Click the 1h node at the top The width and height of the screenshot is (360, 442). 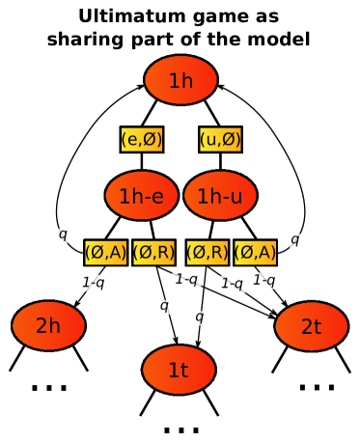click(180, 80)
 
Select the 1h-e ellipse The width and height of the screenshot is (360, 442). click(142, 196)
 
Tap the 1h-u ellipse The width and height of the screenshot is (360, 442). click(220, 196)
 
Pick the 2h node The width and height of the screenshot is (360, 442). click(48, 326)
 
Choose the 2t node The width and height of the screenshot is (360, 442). click(311, 326)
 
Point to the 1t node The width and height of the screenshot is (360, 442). click(179, 370)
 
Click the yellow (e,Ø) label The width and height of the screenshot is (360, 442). click(142, 140)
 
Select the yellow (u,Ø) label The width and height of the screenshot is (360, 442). click(220, 140)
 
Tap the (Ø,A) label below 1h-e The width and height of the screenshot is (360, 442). click(106, 253)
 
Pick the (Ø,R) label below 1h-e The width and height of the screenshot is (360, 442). click(153, 253)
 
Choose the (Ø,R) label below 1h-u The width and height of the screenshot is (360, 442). click(208, 253)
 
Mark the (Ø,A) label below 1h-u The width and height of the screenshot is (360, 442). click(256, 253)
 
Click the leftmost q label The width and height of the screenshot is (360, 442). click(63, 235)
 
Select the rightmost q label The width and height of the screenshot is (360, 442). click(295, 240)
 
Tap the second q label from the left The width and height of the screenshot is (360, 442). click(165, 307)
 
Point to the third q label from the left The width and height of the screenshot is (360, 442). click(200, 318)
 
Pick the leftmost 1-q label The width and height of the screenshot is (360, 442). click(93, 283)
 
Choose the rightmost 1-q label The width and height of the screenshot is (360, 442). click(264, 281)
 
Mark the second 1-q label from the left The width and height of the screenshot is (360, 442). click(186, 279)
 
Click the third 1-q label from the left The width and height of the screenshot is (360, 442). click(232, 284)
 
